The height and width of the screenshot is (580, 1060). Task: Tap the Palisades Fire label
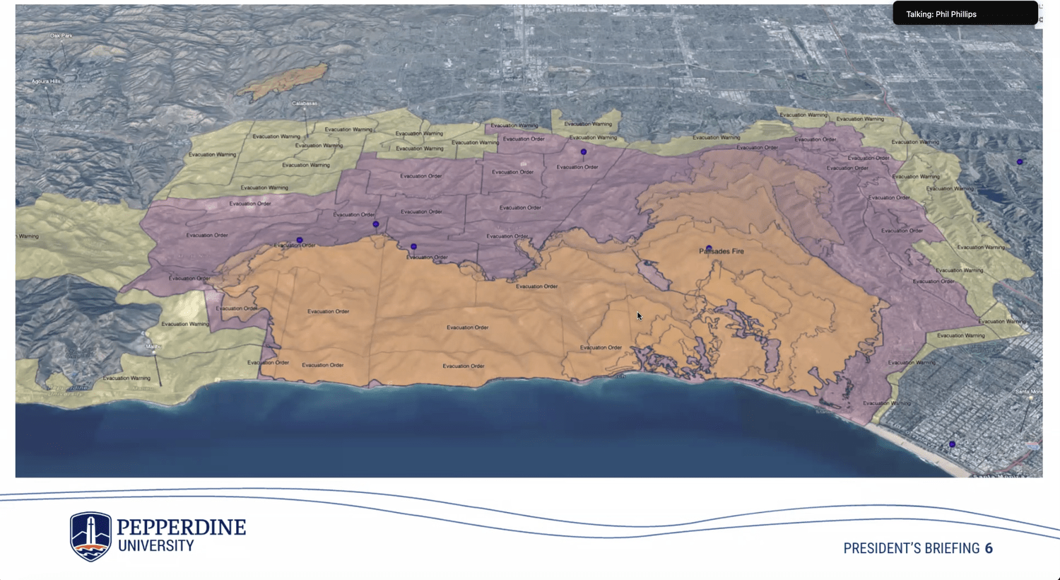point(722,251)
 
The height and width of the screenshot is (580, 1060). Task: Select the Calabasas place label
point(305,103)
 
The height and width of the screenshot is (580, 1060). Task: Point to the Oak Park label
point(61,35)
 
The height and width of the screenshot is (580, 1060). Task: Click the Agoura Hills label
point(46,81)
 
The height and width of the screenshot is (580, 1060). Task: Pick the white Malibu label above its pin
point(153,346)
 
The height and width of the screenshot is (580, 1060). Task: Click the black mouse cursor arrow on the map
point(639,315)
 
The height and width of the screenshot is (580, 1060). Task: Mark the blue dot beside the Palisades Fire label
point(708,248)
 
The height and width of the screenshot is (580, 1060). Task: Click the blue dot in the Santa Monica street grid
point(952,444)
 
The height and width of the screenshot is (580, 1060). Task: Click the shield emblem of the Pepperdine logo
point(90,535)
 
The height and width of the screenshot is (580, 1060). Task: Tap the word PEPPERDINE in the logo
point(182,527)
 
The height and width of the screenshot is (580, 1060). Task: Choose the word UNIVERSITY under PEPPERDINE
point(156,546)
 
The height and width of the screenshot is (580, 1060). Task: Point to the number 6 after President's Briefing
point(989,548)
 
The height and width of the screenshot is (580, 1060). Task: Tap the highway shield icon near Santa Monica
point(1034,446)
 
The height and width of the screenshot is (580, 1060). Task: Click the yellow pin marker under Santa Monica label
point(1031,400)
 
